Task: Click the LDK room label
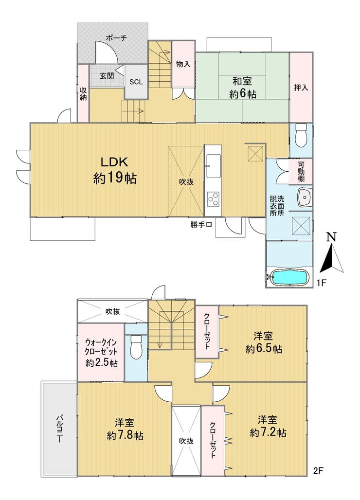[x=114, y=162]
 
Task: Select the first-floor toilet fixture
[x=301, y=135]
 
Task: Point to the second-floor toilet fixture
[x=136, y=347]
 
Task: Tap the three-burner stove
[x=213, y=199]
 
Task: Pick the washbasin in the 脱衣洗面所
[x=305, y=197]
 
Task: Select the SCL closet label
[x=136, y=82]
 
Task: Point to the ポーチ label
[x=116, y=38]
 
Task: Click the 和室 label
[x=242, y=81]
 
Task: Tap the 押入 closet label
[x=301, y=88]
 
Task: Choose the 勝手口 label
[x=201, y=225]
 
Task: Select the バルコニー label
[x=59, y=429]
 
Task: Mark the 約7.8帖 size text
[x=125, y=435]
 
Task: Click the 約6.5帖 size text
[x=264, y=349]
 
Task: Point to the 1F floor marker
[x=320, y=283]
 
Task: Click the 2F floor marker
[x=319, y=470]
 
